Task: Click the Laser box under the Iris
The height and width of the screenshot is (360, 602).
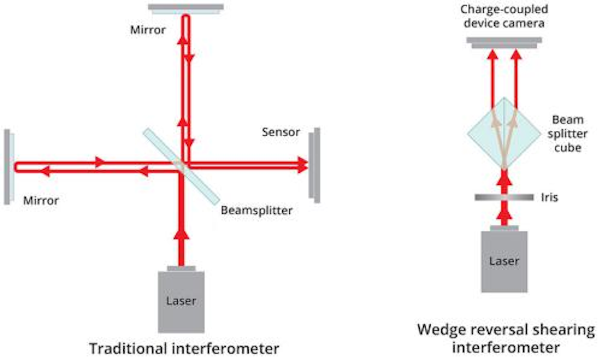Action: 504,262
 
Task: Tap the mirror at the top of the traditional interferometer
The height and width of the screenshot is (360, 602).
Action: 186,8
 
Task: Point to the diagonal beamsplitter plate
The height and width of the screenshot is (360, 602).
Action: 181,166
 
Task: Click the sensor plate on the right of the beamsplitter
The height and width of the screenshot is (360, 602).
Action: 314,165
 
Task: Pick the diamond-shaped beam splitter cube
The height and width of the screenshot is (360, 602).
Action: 504,134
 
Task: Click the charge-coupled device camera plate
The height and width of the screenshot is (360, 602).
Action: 504,42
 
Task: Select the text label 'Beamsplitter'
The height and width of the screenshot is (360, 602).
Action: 256,210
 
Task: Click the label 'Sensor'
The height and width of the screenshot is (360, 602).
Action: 281,132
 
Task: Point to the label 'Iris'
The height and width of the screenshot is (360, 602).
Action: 549,197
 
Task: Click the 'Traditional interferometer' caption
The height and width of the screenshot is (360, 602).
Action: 184,348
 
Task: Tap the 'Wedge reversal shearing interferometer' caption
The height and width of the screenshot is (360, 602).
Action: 506,338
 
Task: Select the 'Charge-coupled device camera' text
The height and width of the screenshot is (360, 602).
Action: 504,16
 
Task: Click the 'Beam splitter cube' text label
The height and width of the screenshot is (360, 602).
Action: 567,134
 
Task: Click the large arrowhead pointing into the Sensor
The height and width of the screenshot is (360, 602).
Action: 303,164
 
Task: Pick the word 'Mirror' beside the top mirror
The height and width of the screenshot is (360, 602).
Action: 148,30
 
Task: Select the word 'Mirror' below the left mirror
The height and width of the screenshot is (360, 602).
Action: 41,201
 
